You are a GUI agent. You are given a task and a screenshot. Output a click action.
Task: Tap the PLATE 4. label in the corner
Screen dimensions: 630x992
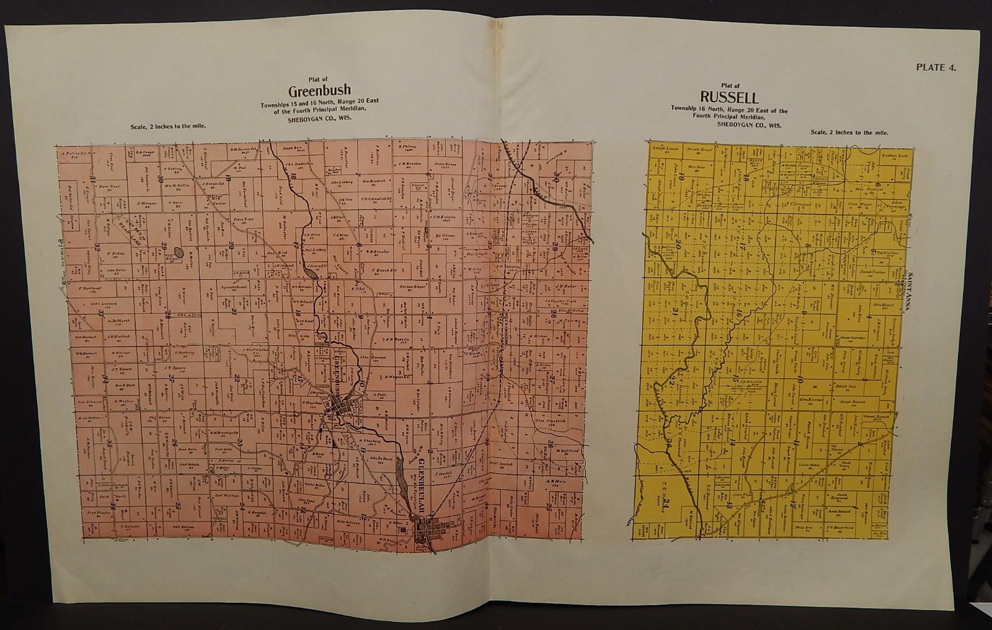coord(935,68)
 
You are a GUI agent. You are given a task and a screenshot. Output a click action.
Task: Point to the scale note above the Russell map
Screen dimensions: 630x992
coord(849,133)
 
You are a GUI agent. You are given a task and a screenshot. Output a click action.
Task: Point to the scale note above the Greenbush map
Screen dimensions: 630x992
coord(168,126)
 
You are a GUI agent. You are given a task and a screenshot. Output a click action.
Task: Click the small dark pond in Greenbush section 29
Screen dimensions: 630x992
coord(179,252)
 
